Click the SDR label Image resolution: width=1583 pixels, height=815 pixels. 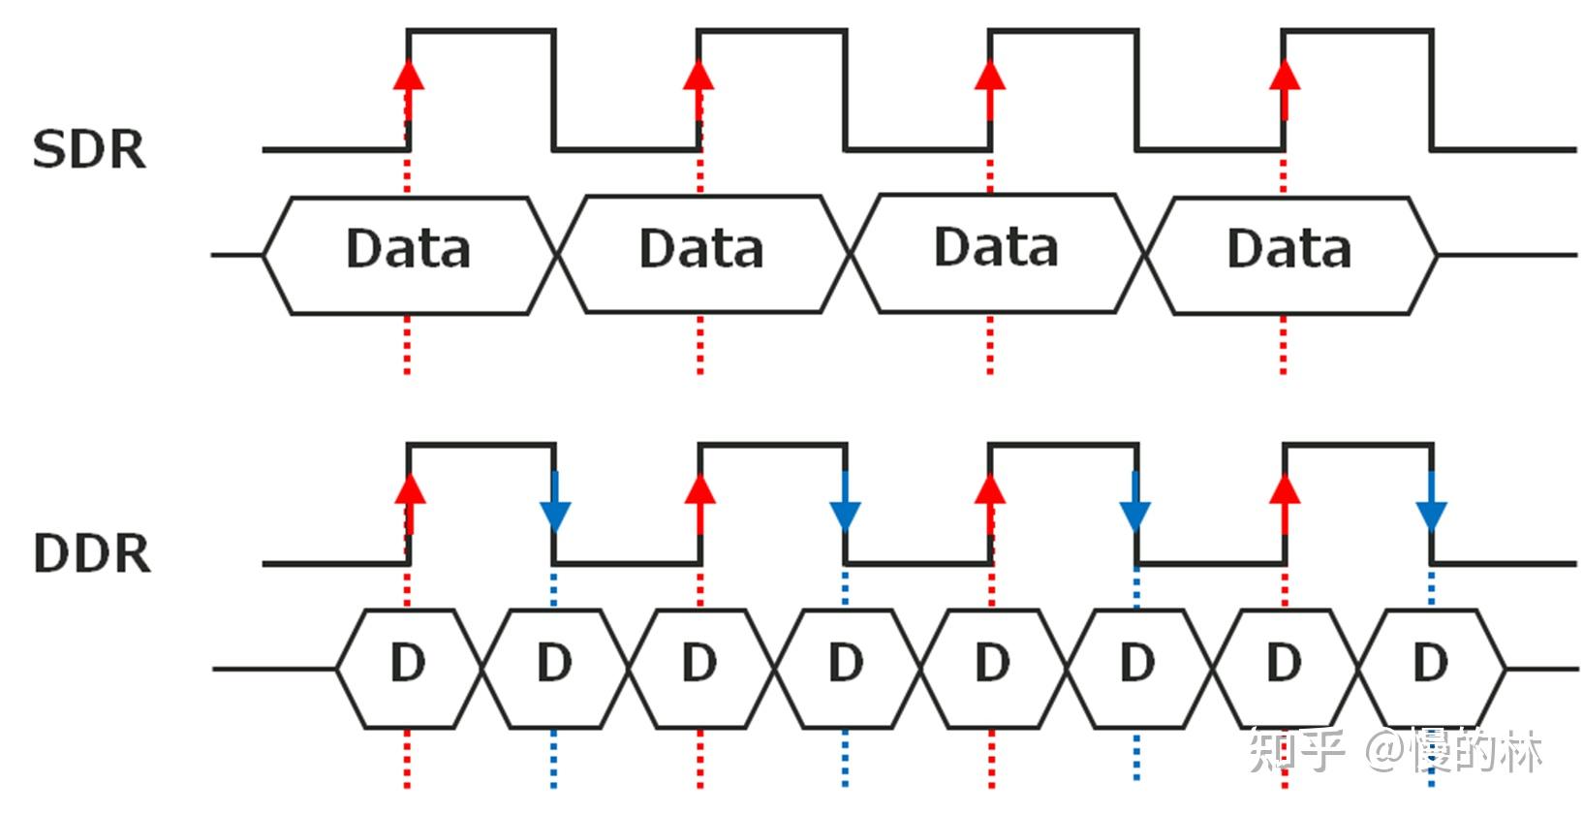click(90, 150)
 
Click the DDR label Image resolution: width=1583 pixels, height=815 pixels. click(92, 553)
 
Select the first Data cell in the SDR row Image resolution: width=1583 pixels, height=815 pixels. click(409, 255)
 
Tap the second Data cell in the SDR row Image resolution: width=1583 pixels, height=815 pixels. click(703, 255)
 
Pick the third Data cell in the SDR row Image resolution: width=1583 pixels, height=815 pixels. click(997, 253)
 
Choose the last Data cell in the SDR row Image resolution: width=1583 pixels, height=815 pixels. click(1290, 256)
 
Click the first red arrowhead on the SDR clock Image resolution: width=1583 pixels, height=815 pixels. click(409, 76)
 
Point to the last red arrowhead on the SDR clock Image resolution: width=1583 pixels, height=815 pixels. click(1284, 76)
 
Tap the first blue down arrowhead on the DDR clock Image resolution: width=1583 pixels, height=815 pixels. click(555, 516)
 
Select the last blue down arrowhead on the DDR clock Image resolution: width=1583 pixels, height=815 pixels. click(1431, 516)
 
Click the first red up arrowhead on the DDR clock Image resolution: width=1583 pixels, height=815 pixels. click(410, 489)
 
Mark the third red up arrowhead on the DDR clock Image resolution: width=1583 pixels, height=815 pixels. click(989, 489)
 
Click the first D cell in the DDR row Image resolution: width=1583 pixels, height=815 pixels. click(409, 669)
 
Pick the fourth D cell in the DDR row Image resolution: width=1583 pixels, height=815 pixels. click(847, 669)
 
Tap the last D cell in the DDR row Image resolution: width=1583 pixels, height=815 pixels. click(1431, 669)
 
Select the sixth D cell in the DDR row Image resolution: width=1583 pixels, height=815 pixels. click(1138, 669)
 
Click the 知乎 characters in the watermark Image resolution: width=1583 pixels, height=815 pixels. click(1297, 751)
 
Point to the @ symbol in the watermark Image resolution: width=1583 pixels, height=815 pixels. click(1385, 751)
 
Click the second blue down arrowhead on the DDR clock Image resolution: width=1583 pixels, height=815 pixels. click(845, 516)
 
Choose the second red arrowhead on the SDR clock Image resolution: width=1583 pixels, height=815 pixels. click(698, 76)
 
